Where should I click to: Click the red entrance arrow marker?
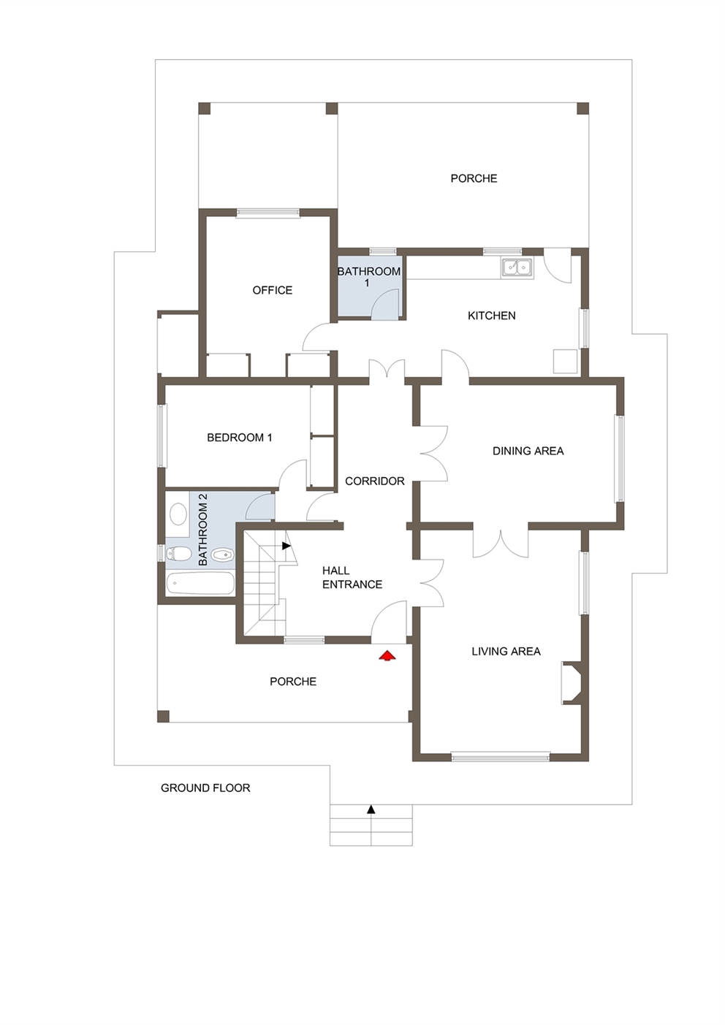387,655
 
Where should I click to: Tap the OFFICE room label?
272,290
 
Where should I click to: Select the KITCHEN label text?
491,316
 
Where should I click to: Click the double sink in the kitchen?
517,268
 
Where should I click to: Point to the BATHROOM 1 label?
368,276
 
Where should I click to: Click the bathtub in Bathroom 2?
200,583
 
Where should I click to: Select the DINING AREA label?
528,451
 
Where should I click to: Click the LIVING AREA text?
506,651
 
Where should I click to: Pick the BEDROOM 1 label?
239,438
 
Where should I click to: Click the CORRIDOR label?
374,481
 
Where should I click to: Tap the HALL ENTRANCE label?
352,577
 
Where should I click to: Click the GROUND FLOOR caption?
205,788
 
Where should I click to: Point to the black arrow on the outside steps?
371,809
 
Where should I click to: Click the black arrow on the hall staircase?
286,545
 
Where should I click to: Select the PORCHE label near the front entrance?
292,681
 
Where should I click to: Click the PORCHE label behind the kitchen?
474,178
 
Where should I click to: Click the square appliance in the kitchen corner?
565,362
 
